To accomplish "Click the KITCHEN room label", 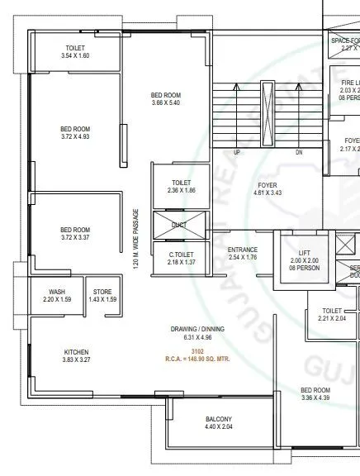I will coord(76,352).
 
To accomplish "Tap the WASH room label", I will coord(57,291).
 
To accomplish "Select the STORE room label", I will coord(102,291).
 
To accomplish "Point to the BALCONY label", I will coord(219,419).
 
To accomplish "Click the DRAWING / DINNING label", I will coord(197,329).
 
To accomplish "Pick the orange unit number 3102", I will coord(197,352).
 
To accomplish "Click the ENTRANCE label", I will coord(243,249).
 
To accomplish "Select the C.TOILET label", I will coord(182,254).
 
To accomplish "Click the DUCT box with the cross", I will coord(179,224).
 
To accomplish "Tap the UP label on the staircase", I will coord(237,153).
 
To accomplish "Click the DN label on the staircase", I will coord(298,153).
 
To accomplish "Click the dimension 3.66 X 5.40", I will coord(166,103).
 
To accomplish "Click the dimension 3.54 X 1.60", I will coord(75,55).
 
